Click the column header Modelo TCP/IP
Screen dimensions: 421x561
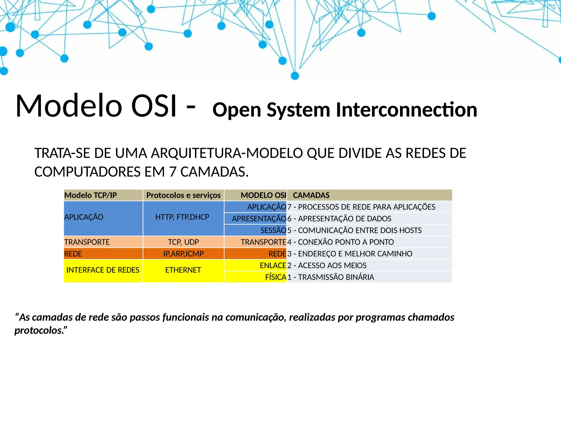[91, 195]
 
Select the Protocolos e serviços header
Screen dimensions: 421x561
[183, 195]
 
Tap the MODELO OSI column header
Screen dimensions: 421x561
[263, 195]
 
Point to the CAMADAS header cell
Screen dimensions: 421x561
[311, 195]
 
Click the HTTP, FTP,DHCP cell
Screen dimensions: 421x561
[182, 217]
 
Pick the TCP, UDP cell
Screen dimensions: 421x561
[183, 242]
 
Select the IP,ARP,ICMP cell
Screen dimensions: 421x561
[183, 254]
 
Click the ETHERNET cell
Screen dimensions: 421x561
[183, 270]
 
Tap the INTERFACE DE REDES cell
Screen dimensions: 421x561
[103, 270]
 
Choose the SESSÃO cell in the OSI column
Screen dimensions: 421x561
[273, 230]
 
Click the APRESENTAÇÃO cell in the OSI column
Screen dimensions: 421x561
[259, 219]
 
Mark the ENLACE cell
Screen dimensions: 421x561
[273, 265]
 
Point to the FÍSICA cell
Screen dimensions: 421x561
[276, 277]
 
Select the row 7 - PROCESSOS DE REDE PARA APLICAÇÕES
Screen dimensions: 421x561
[361, 207]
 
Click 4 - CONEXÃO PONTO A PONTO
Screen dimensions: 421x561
[340, 242]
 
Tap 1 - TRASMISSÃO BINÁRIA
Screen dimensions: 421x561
[331, 277]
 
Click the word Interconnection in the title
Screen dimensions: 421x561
[407, 110]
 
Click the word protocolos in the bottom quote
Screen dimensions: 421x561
[38, 331]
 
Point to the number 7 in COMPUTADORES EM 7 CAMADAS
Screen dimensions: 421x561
[173, 172]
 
